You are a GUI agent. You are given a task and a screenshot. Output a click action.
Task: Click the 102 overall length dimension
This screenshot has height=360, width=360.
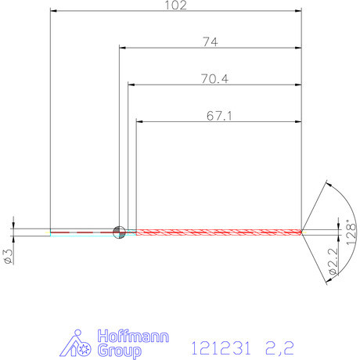pyautogui.click(x=176, y=5)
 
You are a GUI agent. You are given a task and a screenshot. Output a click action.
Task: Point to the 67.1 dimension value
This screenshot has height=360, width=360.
pyautogui.click(x=219, y=115)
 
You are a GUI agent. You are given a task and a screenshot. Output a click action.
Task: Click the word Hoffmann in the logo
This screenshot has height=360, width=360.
pyautogui.click(x=132, y=337)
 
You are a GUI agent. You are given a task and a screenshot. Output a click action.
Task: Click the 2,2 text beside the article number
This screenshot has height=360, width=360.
pyautogui.click(x=280, y=345)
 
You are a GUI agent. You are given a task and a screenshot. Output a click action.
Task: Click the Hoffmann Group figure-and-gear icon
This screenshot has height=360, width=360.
pyautogui.click(x=78, y=344)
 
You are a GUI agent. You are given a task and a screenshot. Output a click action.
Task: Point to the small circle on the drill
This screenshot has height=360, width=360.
pyautogui.click(x=119, y=231)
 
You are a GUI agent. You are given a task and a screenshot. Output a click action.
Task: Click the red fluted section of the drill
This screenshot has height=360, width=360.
pyautogui.click(x=219, y=231)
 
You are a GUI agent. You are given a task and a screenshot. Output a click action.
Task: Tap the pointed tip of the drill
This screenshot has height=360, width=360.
pyautogui.click(x=302, y=231)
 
